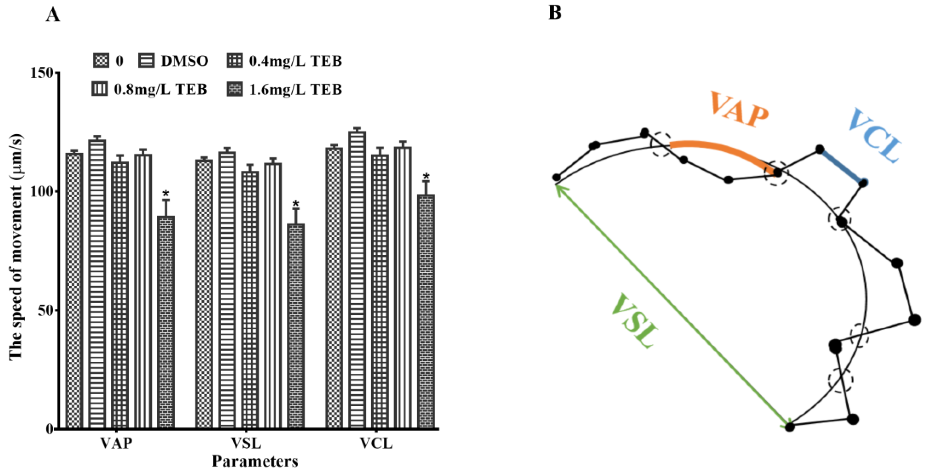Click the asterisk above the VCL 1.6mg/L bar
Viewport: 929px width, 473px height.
pos(426,177)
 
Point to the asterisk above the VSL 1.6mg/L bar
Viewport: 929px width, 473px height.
pos(296,203)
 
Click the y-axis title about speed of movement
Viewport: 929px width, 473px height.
pos(16,247)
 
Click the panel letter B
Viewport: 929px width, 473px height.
pos(555,13)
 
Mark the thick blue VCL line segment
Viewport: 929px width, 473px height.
pos(841,166)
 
